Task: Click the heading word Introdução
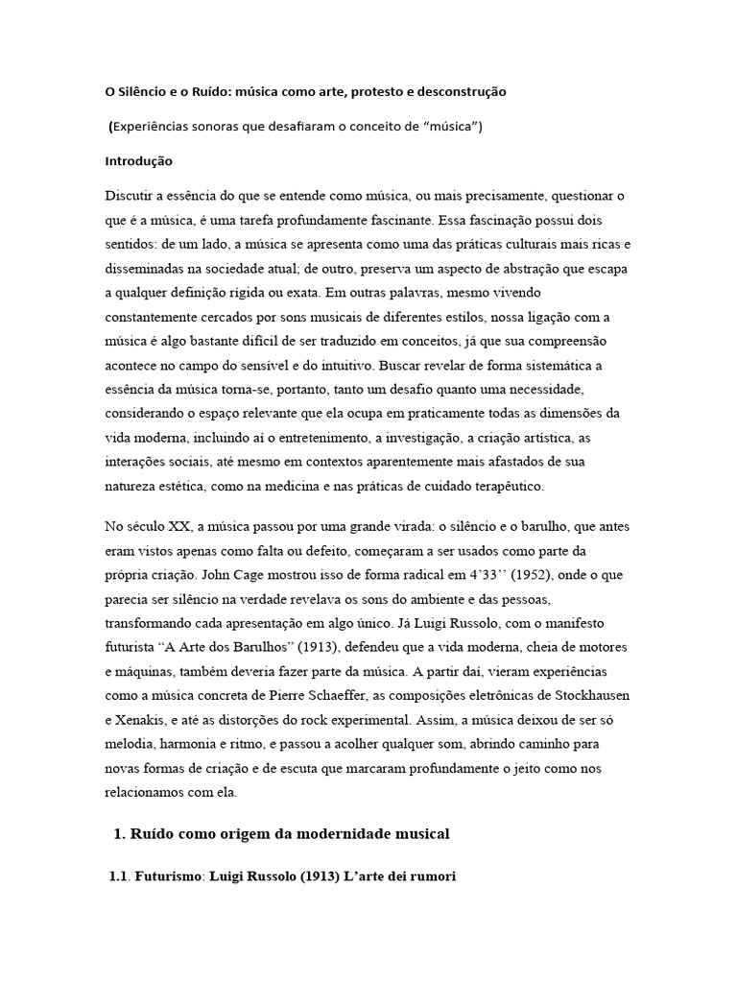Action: (x=138, y=161)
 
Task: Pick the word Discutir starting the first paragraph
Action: (x=131, y=195)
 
